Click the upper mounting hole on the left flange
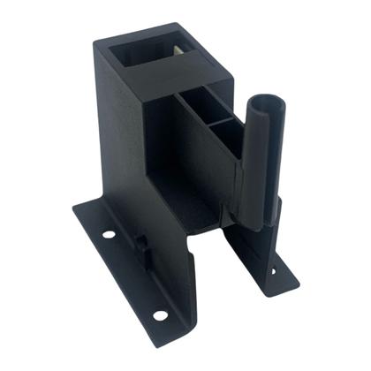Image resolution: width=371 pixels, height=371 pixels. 108,236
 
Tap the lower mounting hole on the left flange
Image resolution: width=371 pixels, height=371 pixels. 159,314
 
